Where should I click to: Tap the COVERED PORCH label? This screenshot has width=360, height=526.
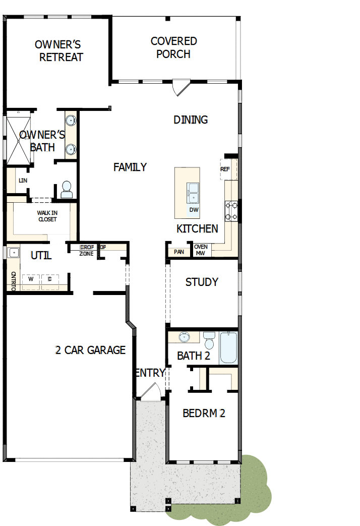[x=173, y=47]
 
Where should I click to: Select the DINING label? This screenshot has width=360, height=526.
[x=191, y=120]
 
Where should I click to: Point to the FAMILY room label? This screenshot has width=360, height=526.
[x=130, y=167]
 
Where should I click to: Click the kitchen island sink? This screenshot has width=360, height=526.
[x=194, y=192]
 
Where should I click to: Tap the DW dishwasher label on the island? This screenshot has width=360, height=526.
[x=194, y=209]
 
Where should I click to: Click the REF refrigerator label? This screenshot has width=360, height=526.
[x=225, y=169]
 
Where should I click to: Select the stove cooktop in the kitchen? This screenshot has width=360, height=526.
[x=231, y=211]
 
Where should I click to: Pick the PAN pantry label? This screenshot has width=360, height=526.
[x=178, y=252]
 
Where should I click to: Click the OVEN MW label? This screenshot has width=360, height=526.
[x=201, y=250]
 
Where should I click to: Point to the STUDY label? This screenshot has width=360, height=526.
[x=202, y=282]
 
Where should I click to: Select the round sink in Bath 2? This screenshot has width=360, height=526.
[x=185, y=337]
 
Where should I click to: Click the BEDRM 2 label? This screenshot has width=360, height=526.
[x=204, y=414]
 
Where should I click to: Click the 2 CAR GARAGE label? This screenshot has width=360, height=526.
[x=90, y=350]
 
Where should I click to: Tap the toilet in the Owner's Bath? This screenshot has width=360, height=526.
[x=67, y=190]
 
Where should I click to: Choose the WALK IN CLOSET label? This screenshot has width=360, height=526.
[x=47, y=216]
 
